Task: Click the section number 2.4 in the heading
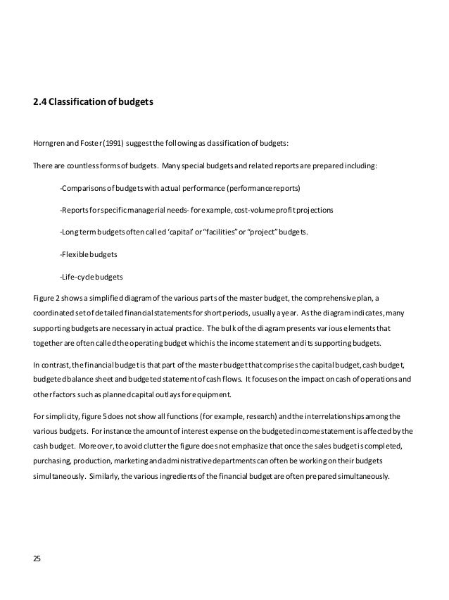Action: click(x=39, y=102)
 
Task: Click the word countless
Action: click(x=82, y=167)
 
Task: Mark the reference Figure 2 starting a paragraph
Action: click(x=46, y=296)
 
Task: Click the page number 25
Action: click(x=37, y=559)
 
